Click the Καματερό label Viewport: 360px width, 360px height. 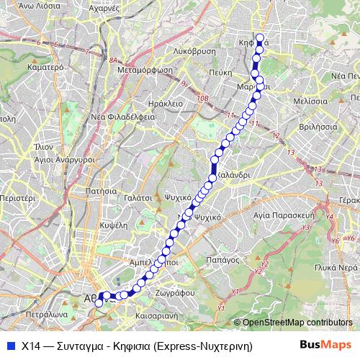26,66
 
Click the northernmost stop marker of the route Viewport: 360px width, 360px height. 260,39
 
